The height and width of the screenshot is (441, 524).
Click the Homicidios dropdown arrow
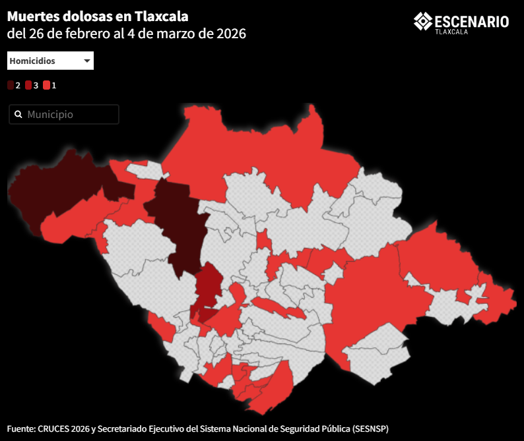tap(87, 61)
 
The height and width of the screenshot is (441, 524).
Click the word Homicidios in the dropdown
tap(32, 61)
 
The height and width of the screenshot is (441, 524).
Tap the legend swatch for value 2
tap(11, 85)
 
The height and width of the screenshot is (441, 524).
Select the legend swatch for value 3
tap(28, 85)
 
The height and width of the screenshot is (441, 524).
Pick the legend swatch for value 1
tap(46, 85)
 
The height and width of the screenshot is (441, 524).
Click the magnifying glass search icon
tap(18, 115)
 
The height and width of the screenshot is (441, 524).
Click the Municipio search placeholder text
tap(50, 115)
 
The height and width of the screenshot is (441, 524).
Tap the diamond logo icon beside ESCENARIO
tap(422, 21)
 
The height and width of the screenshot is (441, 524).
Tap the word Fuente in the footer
tap(21, 428)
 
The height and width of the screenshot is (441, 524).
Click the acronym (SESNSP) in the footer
tap(370, 428)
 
